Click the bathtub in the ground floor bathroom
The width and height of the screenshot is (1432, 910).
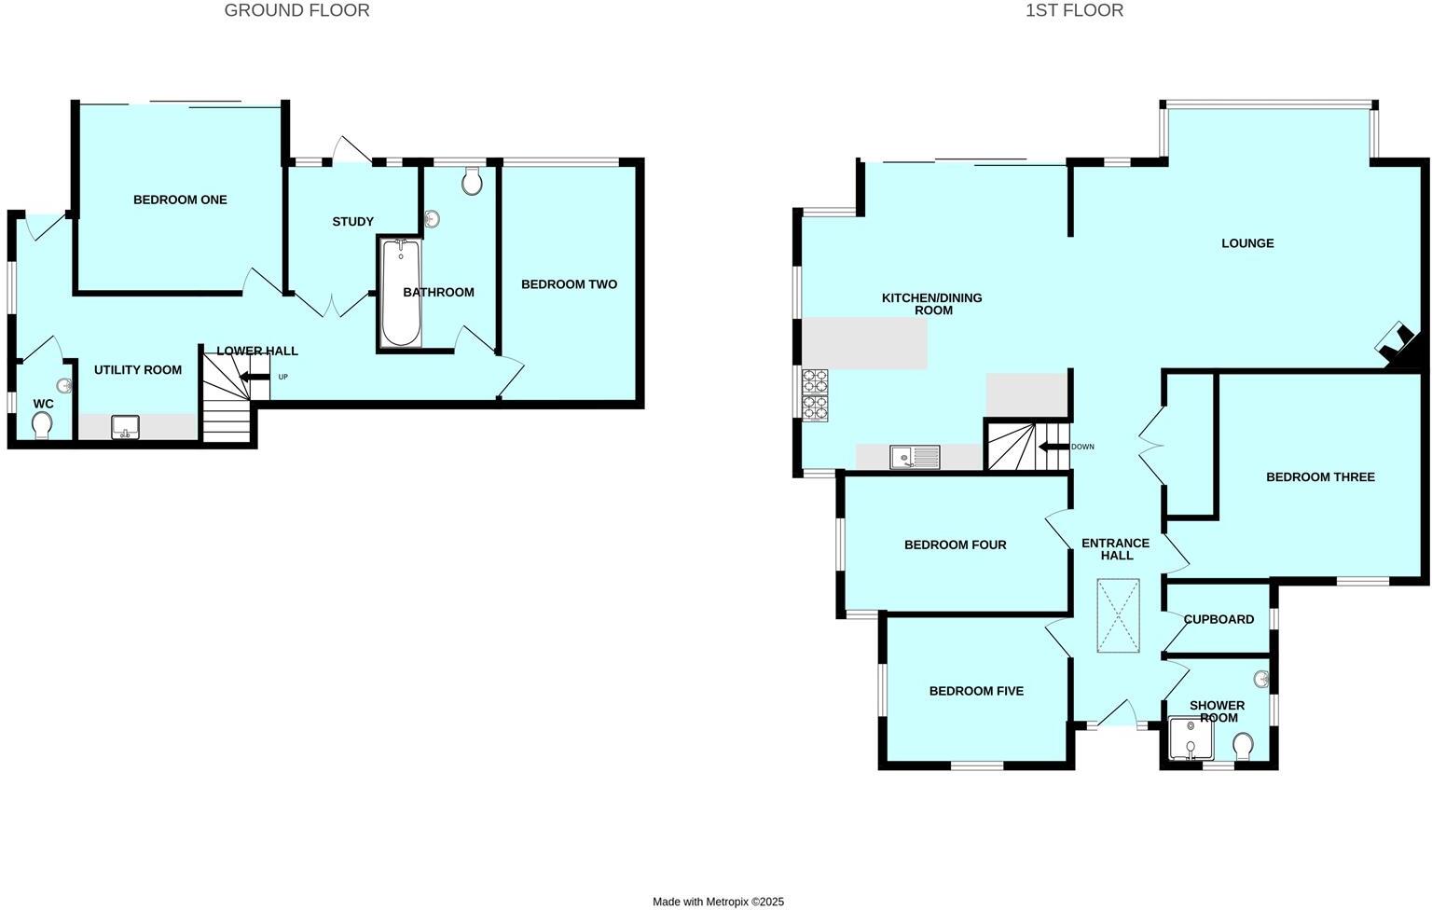401,294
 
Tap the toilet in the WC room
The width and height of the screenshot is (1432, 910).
42,426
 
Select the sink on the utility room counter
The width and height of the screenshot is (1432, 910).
125,428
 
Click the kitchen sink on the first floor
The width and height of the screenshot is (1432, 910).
914,457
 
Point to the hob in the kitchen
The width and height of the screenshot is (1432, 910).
815,395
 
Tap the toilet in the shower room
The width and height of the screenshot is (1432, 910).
1243,746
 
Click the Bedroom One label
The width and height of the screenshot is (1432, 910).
180,200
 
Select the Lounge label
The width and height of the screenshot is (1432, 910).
1247,243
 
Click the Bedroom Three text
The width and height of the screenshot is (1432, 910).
1320,477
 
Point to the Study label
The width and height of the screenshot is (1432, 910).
352,222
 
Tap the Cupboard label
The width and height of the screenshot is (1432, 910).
1219,619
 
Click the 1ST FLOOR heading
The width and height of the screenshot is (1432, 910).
1074,10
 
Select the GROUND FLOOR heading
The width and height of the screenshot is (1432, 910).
296,10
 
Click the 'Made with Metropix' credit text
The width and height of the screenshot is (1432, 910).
718,902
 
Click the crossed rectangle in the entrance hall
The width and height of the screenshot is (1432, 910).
1118,615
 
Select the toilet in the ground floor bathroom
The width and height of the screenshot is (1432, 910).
472,182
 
